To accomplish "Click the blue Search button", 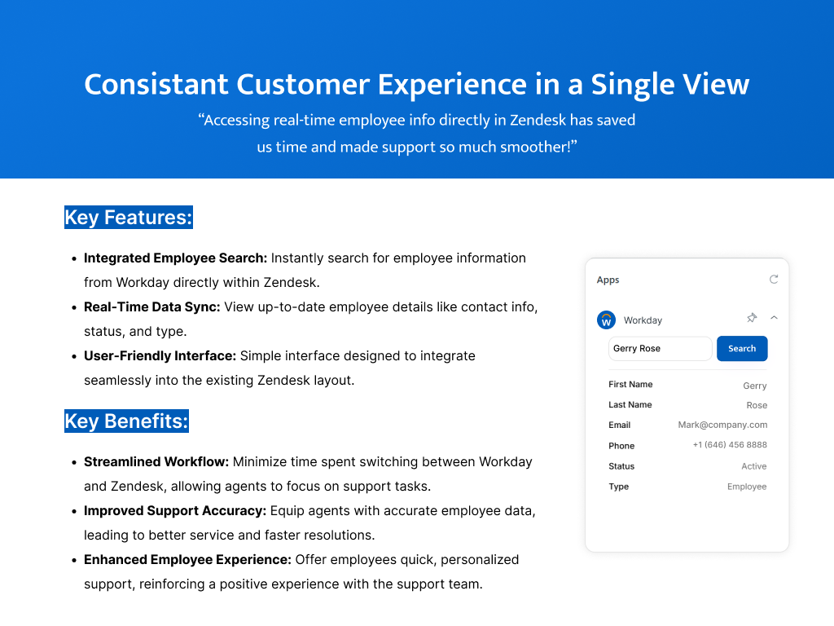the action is pos(742,349).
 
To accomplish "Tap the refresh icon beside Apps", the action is pos(774,280).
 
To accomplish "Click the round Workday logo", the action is pos(606,320).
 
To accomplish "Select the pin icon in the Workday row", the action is pos(752,318).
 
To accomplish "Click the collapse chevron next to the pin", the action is pos(774,318).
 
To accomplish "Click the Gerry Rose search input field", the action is pos(660,349).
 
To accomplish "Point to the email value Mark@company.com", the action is pos(722,425).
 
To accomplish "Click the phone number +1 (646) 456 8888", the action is pos(730,445).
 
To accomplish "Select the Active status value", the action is pos(754,466).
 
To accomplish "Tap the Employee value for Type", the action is pos(747,487).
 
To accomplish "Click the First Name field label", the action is pos(630,385).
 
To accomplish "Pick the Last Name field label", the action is pos(630,404).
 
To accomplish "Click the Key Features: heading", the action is pos(129,217).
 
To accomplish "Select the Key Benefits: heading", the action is pos(126,421).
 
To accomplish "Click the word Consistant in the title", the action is pos(156,85).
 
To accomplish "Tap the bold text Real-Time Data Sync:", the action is pos(152,307).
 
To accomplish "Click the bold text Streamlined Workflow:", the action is pos(156,462).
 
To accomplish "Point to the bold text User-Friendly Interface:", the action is pos(160,356).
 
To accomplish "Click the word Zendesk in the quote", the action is pos(538,121).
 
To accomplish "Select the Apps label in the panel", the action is pos(608,280).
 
